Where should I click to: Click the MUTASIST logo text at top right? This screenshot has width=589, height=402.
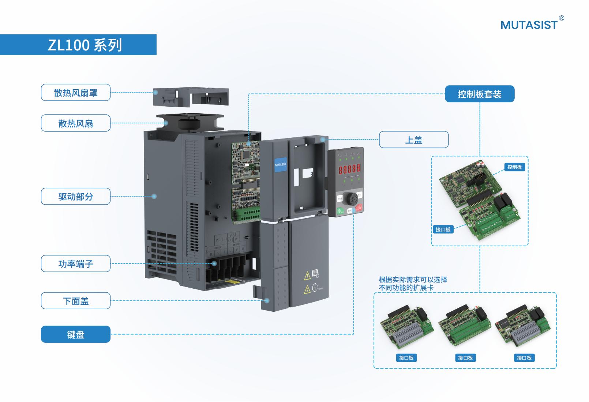[529, 25]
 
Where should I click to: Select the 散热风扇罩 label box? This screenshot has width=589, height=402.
[76, 93]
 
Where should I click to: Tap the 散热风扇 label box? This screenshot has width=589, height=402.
[76, 124]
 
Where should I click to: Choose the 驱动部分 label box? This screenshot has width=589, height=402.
[76, 197]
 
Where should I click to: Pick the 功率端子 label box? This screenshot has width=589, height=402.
[76, 264]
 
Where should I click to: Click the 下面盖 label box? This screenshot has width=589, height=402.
[76, 301]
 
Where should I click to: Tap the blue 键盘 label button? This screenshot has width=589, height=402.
[76, 334]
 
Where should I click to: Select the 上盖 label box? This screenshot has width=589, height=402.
[413, 140]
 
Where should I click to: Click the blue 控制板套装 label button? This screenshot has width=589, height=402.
[479, 94]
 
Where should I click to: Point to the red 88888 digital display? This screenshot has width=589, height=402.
[349, 169]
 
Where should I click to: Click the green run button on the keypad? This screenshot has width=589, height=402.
[340, 211]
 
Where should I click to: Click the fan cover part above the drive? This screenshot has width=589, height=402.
[191, 97]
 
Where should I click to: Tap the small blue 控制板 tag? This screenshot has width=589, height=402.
[514, 167]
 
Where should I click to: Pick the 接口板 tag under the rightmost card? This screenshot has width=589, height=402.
[524, 358]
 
